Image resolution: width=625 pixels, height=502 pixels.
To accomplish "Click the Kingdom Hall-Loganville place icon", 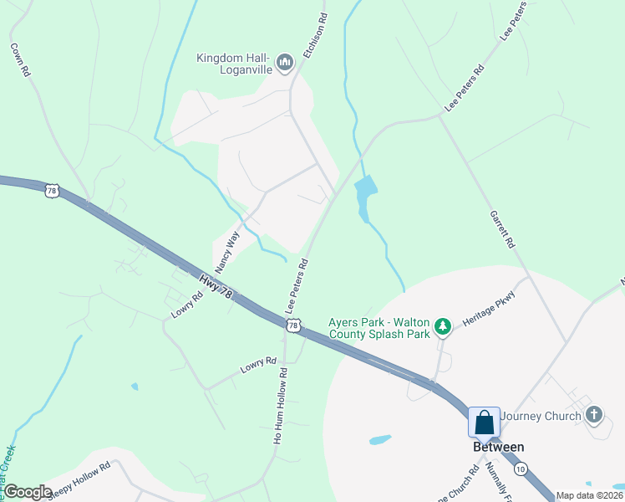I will click(x=285, y=61).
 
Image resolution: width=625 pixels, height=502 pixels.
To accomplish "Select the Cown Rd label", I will click(x=20, y=61).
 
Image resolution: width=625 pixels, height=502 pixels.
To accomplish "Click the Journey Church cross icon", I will click(x=594, y=414).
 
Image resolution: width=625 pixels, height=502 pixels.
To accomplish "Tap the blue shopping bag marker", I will click(x=485, y=423).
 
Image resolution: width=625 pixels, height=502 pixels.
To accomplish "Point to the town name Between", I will click(x=494, y=447).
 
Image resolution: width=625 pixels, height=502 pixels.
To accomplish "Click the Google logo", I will click(x=28, y=492).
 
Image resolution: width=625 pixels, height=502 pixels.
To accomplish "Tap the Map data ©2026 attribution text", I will click(x=589, y=495).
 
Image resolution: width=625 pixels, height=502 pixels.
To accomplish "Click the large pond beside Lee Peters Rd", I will click(x=365, y=197).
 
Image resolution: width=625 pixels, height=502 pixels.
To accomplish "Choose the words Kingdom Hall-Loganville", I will click(x=232, y=64).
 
